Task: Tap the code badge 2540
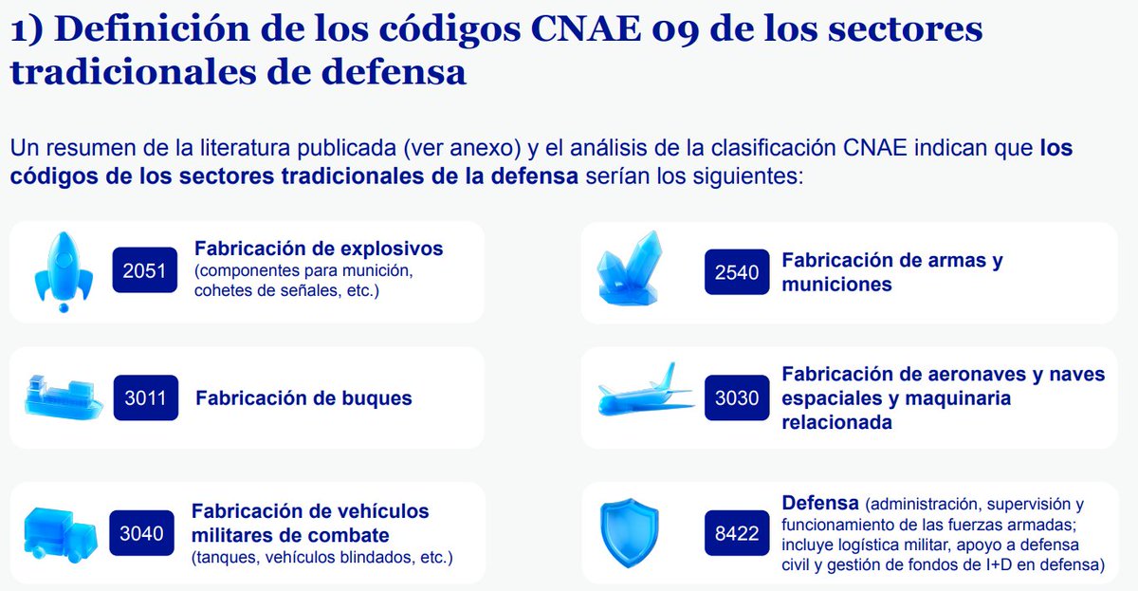(737, 271)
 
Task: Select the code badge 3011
(145, 397)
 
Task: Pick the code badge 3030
(737, 397)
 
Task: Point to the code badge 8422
(737, 533)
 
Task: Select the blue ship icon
(63, 397)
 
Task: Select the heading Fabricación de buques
(303, 398)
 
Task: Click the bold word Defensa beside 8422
(820, 502)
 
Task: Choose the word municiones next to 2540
(836, 284)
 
